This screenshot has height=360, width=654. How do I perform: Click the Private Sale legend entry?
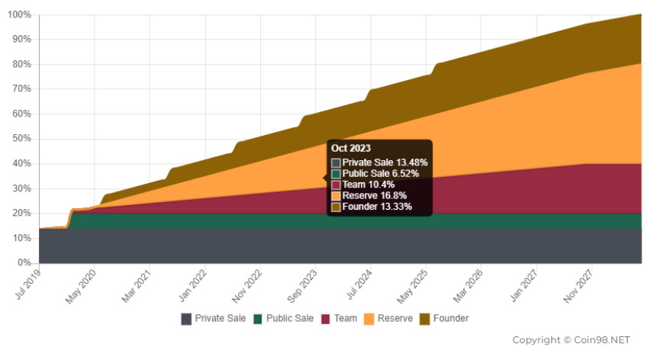[x=214, y=318]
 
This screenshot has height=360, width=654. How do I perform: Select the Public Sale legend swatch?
[x=259, y=319]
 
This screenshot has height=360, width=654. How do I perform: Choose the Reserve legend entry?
[x=388, y=318]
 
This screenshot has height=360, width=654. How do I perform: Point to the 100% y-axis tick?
[x=20, y=15]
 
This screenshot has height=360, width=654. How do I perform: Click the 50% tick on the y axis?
[x=22, y=139]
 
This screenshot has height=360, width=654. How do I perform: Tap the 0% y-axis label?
[x=24, y=263]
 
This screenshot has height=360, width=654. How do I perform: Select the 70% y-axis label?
[x=22, y=89]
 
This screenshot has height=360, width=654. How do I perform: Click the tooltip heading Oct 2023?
[x=350, y=148]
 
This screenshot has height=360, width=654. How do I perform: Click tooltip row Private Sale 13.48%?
[x=379, y=162]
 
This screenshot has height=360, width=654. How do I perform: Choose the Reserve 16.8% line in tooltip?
[x=374, y=195]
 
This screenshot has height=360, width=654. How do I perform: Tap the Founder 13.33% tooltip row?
[x=377, y=207]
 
